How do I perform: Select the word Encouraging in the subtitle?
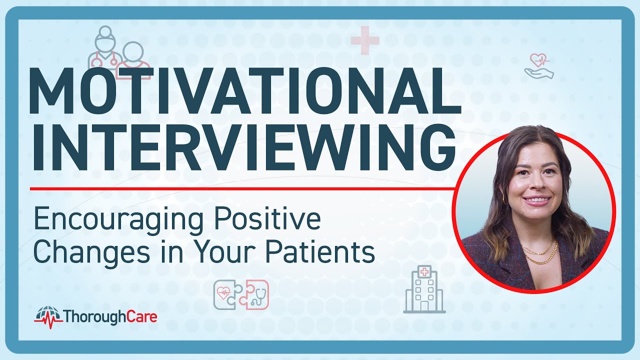[x=119, y=220]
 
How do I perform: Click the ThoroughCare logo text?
[x=110, y=316]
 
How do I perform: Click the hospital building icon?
[x=424, y=290]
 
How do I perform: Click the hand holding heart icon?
[x=539, y=66]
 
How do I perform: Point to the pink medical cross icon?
[x=364, y=40]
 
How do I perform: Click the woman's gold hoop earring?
[x=504, y=199]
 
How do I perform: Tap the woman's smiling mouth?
[x=536, y=200]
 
